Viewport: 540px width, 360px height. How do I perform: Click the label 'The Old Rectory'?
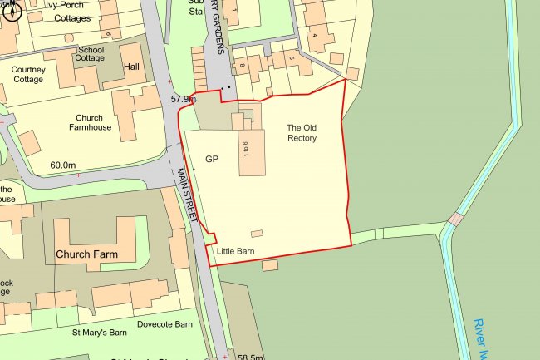(302, 132)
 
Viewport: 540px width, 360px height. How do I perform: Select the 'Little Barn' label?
(235, 250)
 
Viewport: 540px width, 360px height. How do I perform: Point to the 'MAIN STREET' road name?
(188, 195)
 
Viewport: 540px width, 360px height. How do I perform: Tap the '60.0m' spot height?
(62, 165)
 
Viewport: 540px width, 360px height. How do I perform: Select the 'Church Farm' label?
(86, 253)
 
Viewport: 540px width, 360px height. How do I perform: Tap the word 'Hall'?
(131, 66)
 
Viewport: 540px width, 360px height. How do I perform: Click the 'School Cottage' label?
(90, 54)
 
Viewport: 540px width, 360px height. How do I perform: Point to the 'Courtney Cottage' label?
(28, 75)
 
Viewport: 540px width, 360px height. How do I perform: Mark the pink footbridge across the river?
(456, 219)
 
